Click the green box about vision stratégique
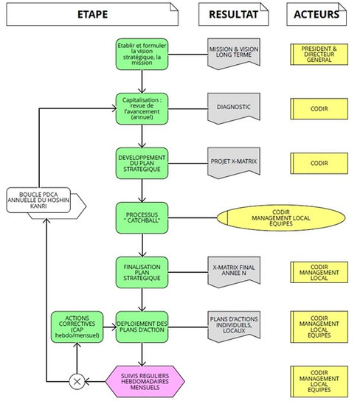coord(142,54)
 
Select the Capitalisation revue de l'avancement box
coord(142,108)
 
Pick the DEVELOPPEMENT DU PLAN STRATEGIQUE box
coord(142,162)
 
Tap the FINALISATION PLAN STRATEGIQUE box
coord(142,271)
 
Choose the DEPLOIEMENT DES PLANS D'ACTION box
coord(142,326)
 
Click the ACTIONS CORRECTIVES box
coord(75,326)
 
